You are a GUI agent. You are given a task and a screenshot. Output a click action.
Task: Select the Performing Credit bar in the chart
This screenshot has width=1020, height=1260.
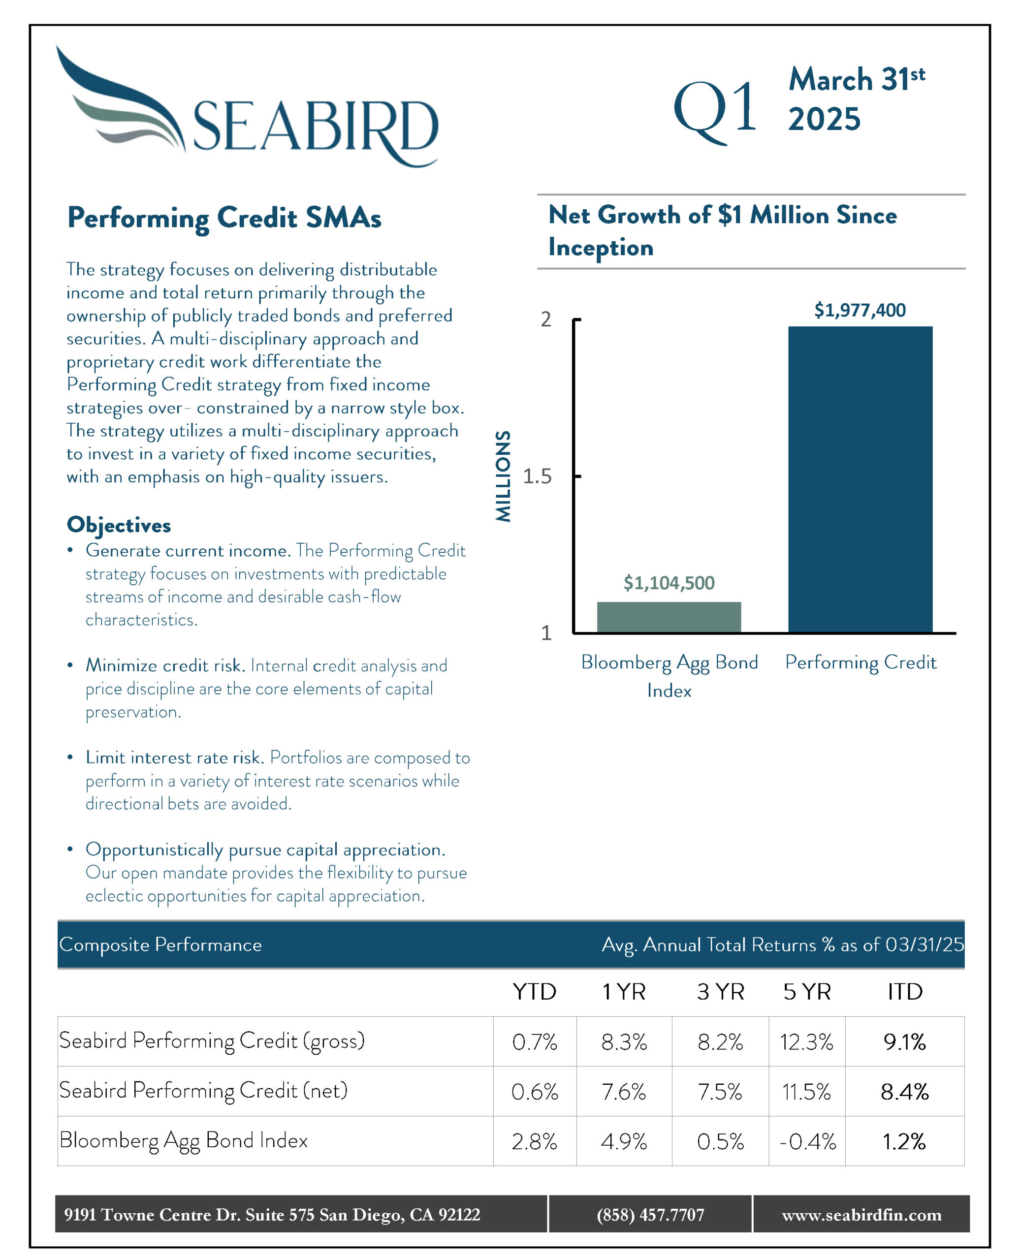[x=860, y=479]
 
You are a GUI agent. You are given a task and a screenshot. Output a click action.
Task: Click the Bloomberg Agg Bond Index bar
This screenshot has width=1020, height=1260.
[x=669, y=617]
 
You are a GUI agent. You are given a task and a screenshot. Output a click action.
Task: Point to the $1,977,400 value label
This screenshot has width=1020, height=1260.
[x=860, y=310]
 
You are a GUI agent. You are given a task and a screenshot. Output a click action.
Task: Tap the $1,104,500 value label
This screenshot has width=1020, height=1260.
[x=669, y=583]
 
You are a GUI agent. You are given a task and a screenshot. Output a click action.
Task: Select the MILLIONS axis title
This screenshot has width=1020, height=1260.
[x=503, y=476]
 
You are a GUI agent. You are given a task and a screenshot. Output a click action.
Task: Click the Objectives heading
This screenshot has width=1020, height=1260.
[x=119, y=525]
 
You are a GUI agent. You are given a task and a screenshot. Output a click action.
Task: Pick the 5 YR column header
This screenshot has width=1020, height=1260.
[x=807, y=992]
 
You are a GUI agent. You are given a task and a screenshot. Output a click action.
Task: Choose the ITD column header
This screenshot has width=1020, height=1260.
[x=905, y=992]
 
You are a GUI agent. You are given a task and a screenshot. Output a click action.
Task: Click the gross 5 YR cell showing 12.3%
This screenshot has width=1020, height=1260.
[x=806, y=1042]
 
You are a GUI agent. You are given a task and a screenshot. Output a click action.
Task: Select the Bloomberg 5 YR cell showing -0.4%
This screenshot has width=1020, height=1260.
[x=807, y=1142]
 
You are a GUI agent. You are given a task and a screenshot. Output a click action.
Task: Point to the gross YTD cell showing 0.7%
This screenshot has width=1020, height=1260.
[x=534, y=1042]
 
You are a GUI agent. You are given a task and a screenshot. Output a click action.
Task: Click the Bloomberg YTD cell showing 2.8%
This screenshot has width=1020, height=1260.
[x=534, y=1142]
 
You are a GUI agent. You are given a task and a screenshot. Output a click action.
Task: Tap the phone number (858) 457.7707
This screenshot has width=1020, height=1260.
[x=650, y=1215]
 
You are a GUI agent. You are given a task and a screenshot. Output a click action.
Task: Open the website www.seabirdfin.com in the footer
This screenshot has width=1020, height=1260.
[x=861, y=1215]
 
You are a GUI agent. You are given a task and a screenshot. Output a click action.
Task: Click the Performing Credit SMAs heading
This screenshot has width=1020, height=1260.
[x=224, y=219]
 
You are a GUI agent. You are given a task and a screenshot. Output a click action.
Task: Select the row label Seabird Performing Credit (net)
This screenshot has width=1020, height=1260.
[x=203, y=1091]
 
